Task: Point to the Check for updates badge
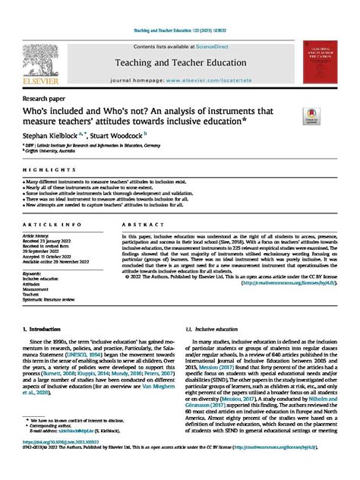coord(313,116)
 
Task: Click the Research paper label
coord(47,98)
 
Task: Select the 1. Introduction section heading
coord(47,329)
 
